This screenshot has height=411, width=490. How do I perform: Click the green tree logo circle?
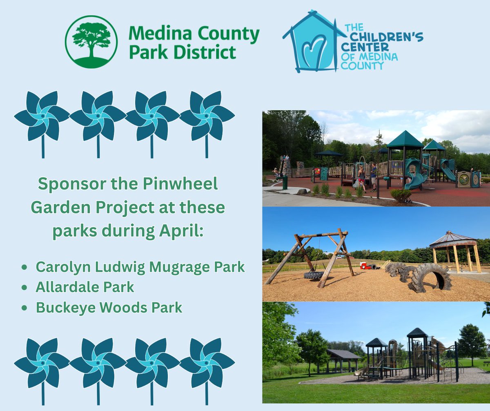pos(91,42)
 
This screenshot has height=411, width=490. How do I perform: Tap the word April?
pos(182,231)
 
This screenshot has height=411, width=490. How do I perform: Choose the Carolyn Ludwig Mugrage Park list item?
pos(140,267)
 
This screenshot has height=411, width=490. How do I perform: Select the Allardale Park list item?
pos(85,287)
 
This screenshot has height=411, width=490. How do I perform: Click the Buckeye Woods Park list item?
pos(109,308)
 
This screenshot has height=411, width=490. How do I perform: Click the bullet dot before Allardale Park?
pos(25,288)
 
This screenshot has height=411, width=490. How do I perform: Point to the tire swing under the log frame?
pos(314,275)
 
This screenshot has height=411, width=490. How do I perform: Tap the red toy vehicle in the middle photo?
pos(367,266)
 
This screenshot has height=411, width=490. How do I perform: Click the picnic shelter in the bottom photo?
pos(343,359)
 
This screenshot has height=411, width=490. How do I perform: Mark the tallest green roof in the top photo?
pos(405,140)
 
